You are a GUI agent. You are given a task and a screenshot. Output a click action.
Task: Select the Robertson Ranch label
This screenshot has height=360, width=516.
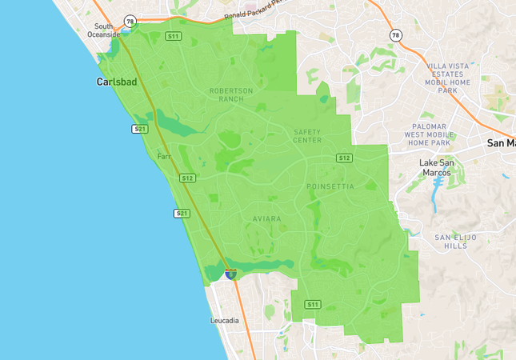231,94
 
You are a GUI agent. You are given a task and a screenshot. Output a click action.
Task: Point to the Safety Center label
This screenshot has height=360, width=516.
307,136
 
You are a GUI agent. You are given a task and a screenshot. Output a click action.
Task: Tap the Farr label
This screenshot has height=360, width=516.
165,157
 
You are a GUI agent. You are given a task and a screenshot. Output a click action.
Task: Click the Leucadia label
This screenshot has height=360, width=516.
224,321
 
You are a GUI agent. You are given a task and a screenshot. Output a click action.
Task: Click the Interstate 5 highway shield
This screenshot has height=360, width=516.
230,274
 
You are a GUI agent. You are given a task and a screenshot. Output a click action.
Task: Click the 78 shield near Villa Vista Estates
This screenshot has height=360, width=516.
395,36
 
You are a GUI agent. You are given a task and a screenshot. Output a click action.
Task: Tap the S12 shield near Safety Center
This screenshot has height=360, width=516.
345,158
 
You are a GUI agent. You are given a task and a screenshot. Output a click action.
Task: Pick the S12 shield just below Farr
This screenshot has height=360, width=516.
188,178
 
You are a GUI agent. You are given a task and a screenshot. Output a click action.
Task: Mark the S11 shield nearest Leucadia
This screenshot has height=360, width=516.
312,305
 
